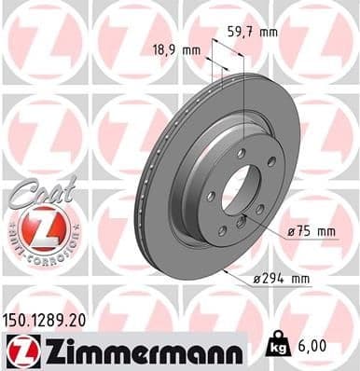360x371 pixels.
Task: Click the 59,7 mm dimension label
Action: pyautogui.click(x=253, y=33)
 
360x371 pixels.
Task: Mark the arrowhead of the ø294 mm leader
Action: pyautogui.click(x=227, y=271)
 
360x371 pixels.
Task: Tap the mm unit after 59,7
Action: pyautogui.click(x=269, y=33)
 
